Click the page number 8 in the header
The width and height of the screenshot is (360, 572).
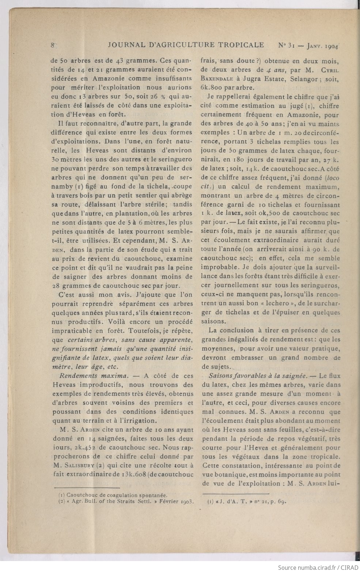tap(53, 45)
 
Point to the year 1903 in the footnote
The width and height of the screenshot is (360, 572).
tap(186, 501)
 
